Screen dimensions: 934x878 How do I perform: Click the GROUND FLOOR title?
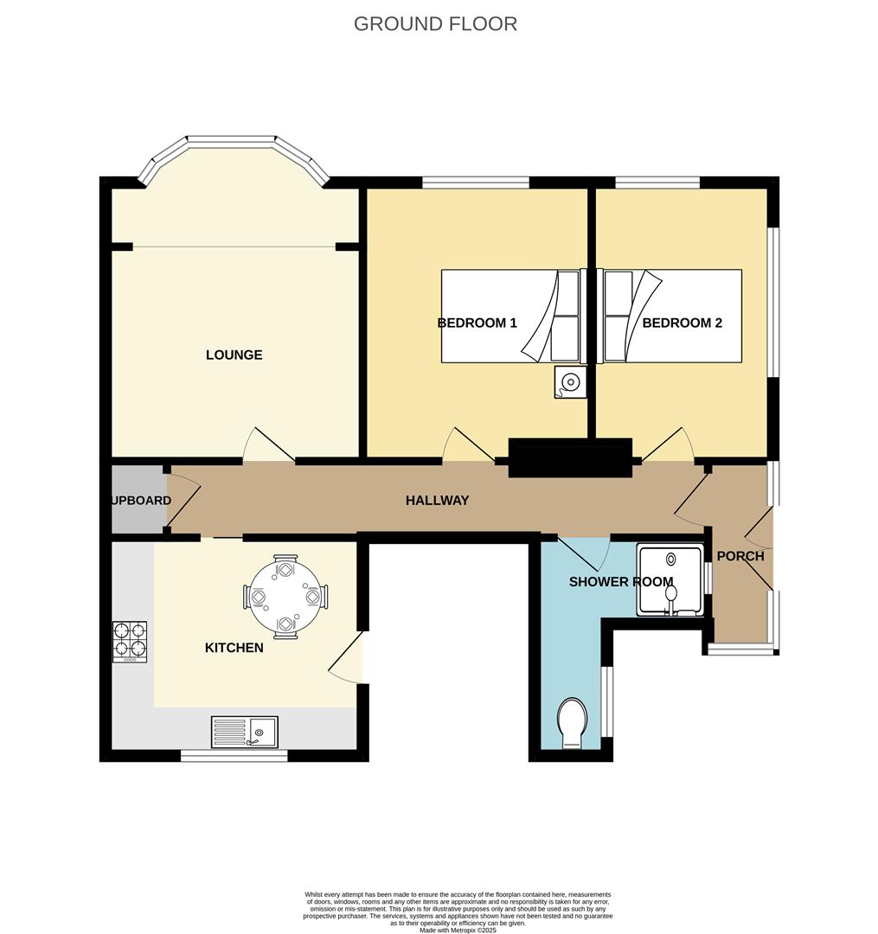pyautogui.click(x=435, y=23)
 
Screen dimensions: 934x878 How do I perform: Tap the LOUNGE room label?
pyautogui.click(x=234, y=355)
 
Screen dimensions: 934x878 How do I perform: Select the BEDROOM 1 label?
pyautogui.click(x=477, y=323)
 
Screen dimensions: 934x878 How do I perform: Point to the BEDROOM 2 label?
pyautogui.click(x=682, y=323)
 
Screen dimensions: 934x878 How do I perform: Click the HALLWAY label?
pyautogui.click(x=438, y=500)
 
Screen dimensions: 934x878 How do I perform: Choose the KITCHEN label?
pyautogui.click(x=234, y=647)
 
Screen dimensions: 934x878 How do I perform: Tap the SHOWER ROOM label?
pyautogui.click(x=620, y=582)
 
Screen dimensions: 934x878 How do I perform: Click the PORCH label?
pyautogui.click(x=740, y=556)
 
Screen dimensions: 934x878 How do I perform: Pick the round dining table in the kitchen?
pyautogui.click(x=286, y=597)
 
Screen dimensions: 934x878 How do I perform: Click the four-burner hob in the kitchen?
pyautogui.click(x=129, y=642)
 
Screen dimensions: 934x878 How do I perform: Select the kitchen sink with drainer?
pyautogui.click(x=244, y=732)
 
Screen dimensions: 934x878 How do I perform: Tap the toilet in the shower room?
pyautogui.click(x=571, y=724)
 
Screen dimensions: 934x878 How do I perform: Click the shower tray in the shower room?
pyautogui.click(x=670, y=580)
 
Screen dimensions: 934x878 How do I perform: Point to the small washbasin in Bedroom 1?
pyautogui.click(x=570, y=381)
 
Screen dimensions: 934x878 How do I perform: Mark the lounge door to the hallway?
pyautogui.click(x=268, y=445)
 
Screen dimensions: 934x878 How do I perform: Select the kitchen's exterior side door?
pyautogui.click(x=348, y=657)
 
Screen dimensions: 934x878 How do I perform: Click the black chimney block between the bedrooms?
pyautogui.click(x=570, y=457)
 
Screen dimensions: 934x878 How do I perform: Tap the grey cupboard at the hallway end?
pyautogui.click(x=138, y=500)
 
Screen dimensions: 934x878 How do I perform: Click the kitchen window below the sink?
pyautogui.click(x=234, y=756)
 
